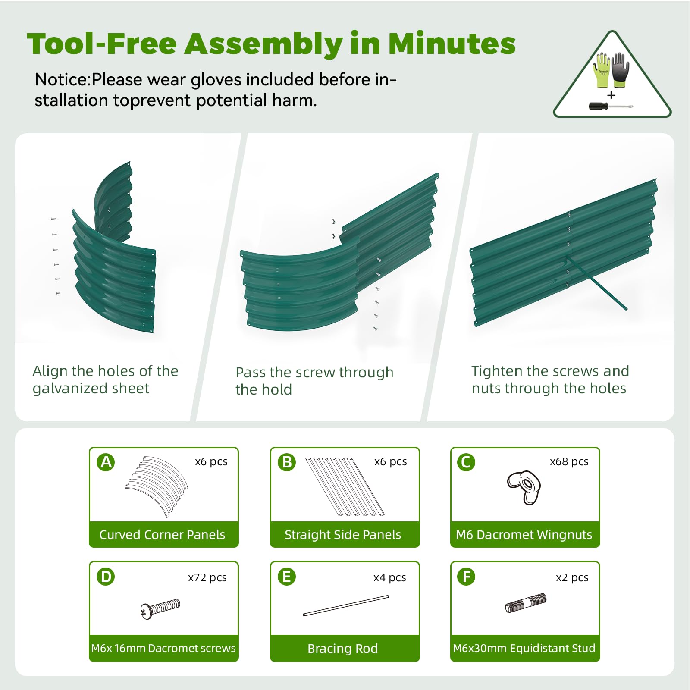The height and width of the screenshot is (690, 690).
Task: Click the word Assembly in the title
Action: pyautogui.click(x=263, y=45)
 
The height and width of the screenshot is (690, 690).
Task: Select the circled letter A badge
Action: pyautogui.click(x=106, y=462)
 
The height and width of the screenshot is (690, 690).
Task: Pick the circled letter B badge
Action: pyautogui.click(x=287, y=462)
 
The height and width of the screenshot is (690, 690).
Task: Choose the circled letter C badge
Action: pyautogui.click(x=466, y=462)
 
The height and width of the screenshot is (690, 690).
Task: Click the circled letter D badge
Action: pyautogui.click(x=106, y=577)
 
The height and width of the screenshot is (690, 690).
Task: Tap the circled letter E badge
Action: pyautogui.click(x=287, y=577)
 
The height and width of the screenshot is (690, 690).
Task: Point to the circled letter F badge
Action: pyautogui.click(x=466, y=577)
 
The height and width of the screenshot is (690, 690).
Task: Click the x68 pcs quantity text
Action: pyautogui.click(x=569, y=462)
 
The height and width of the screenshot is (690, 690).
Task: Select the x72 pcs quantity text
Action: pyautogui.click(x=207, y=577)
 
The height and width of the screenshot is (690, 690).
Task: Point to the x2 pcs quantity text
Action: pyautogui.click(x=572, y=577)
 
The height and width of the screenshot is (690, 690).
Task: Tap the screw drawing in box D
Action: pyautogui.click(x=160, y=608)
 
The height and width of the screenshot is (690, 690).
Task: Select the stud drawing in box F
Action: pyautogui.click(x=525, y=602)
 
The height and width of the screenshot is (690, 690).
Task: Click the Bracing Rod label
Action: pyautogui.click(x=343, y=649)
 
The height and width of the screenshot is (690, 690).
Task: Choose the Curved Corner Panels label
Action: pyautogui.click(x=162, y=535)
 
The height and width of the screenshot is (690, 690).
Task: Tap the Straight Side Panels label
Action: pyautogui.click(x=343, y=535)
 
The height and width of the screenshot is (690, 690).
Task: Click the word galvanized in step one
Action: pyautogui.click(x=69, y=389)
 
